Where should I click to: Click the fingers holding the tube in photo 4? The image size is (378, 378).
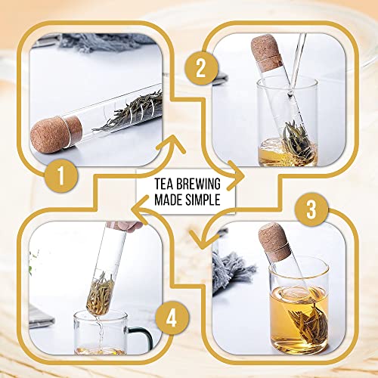tap(129, 225)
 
